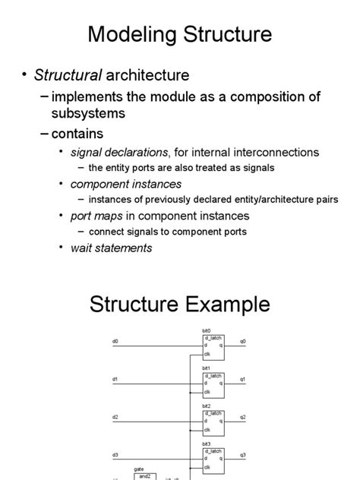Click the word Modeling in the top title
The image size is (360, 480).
click(131, 34)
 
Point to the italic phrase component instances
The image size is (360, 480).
click(126, 184)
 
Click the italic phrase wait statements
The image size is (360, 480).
click(112, 248)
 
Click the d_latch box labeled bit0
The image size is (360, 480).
click(213, 346)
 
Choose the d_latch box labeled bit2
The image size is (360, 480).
click(213, 422)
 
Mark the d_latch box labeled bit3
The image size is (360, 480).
click(213, 459)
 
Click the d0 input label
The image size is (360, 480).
click(115, 342)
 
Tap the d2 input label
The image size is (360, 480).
click(115, 417)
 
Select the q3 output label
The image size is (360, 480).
click(243, 455)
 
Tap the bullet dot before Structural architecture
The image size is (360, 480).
click(24, 75)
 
